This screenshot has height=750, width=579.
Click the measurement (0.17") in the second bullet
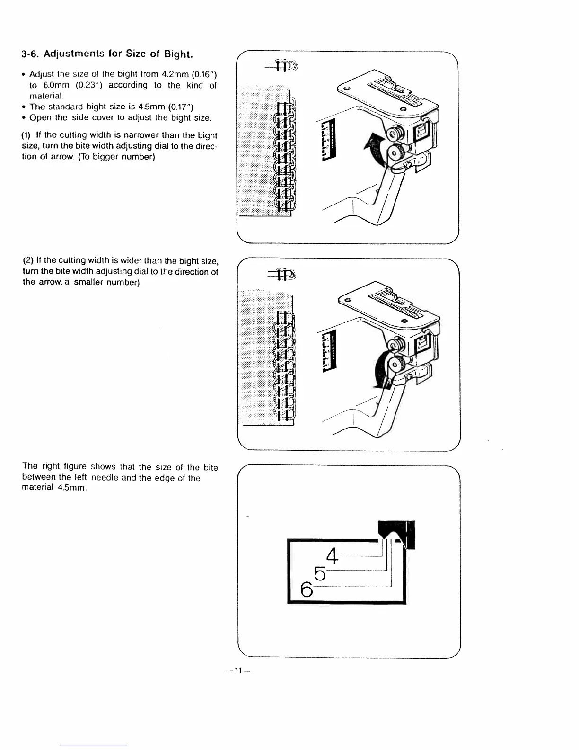177,107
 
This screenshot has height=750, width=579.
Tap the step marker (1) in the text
27,135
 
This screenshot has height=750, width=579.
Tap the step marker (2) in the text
28,261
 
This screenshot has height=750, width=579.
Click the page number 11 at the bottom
237,670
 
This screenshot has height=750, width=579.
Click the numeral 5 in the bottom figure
320,574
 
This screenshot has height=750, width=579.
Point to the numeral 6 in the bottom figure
307,590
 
